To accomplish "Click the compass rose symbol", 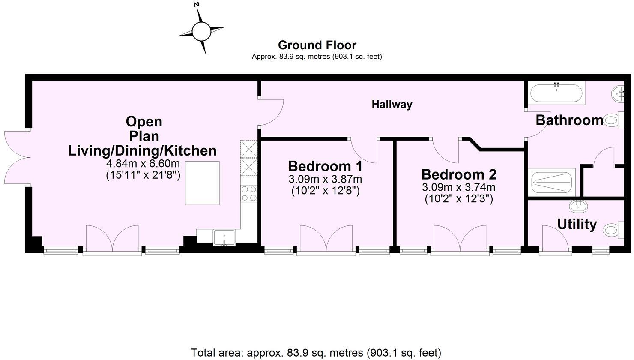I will [201, 31].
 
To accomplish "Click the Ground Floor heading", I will [317, 45].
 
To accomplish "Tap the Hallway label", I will [392, 104].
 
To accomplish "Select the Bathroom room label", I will [569, 120].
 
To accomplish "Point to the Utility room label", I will [577, 224].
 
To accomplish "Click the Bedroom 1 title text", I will [325, 166].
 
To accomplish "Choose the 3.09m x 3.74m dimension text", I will [459, 187].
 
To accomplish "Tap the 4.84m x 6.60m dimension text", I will [143, 164].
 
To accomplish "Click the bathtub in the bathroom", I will [556, 93].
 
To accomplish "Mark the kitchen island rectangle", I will [202, 183].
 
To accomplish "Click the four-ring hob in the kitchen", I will [249, 193].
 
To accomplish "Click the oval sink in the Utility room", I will [578, 207].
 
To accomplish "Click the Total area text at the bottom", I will [316, 353].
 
